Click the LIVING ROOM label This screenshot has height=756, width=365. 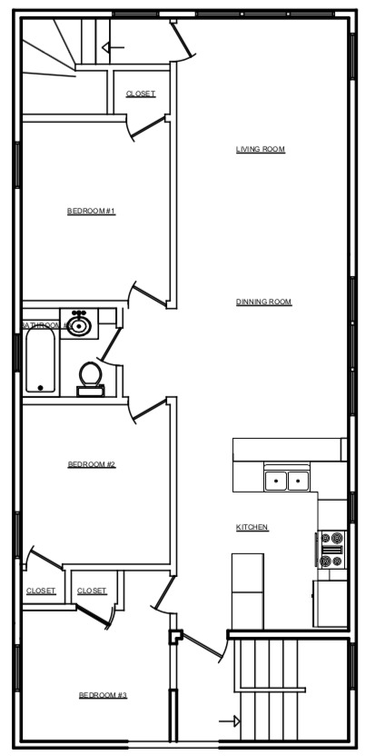click(x=261, y=149)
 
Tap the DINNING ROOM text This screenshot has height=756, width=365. click(x=263, y=302)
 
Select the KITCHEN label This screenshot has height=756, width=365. click(x=252, y=527)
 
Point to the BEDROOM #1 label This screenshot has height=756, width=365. click(x=91, y=211)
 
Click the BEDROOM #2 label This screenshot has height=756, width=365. click(x=91, y=464)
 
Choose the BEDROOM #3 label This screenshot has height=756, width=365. click(x=103, y=695)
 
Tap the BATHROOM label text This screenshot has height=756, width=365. click(x=41, y=324)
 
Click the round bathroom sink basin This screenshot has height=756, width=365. click(x=79, y=324)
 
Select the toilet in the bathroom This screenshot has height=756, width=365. click(x=90, y=376)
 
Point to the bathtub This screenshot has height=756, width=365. click(x=40, y=361)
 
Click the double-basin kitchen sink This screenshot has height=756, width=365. click(x=287, y=480)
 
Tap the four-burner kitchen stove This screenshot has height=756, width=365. click(x=332, y=550)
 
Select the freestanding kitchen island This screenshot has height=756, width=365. click(x=247, y=591)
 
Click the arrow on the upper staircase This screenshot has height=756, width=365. click(x=113, y=47)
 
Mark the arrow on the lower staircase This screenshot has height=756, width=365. click(x=230, y=721)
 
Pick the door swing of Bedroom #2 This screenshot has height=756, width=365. click(x=148, y=410)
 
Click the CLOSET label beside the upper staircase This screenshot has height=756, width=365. click(x=140, y=94)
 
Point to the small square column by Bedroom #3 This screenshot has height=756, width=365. click(x=176, y=636)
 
